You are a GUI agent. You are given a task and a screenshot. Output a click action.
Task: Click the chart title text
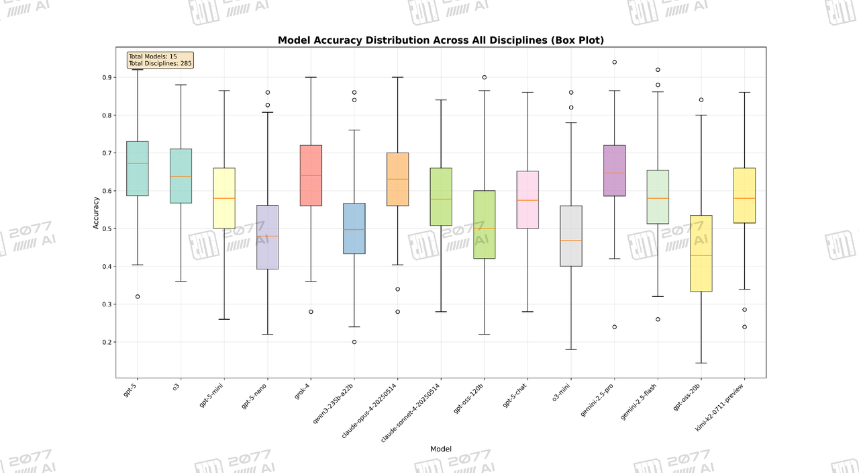tap(441, 40)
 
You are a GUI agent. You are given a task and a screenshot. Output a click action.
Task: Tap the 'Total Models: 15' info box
tap(160, 60)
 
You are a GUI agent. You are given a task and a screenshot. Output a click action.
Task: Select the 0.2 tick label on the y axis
tap(107, 342)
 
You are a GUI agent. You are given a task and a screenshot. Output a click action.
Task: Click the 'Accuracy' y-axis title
tap(96, 214)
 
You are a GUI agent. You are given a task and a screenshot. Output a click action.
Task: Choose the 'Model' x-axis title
tap(440, 449)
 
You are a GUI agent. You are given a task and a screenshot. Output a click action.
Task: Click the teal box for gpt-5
tap(138, 168)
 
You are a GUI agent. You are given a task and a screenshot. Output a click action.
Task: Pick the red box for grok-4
tap(311, 175)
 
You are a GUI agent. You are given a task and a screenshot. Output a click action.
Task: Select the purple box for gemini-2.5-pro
tap(614, 171)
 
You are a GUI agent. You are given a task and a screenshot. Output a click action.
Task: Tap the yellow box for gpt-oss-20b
tap(701, 253)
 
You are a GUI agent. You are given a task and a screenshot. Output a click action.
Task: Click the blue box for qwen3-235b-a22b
tap(354, 228)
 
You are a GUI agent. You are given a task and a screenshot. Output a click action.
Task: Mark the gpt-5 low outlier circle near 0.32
tap(138, 296)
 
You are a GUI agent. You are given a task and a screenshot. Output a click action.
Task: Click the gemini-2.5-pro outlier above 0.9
tap(614, 62)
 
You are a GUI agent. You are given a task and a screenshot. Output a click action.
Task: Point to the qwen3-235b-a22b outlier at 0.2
tap(354, 342)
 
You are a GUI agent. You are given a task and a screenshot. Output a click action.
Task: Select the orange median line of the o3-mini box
tap(571, 241)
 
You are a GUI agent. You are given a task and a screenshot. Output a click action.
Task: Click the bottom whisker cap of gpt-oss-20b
tap(701, 363)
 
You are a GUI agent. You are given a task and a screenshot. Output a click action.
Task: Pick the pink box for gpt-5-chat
tap(527, 200)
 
